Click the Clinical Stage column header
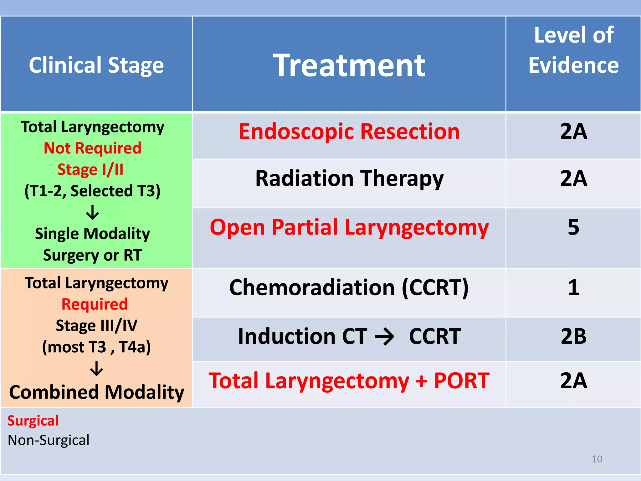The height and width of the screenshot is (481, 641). coord(96,65)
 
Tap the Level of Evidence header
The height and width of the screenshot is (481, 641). coord(573,50)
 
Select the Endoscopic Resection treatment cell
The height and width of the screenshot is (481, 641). coord(349,132)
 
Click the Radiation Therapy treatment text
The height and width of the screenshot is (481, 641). coord(349,178)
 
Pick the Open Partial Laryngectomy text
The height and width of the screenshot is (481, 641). coord(349,227)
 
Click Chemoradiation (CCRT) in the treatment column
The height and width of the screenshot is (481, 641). coord(349,287)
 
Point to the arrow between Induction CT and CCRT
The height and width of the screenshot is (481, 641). coord(385,337)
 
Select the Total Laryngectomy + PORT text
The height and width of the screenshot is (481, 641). coord(349,381)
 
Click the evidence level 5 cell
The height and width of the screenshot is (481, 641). coord(573,227)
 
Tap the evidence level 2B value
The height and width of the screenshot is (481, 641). coord(573,337)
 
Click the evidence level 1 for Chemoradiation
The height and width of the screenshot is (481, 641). coord(573,287)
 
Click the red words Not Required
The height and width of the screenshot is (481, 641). coord(92,148)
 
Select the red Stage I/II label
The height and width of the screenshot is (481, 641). coord(90,169)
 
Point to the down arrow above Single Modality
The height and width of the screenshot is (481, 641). coord(93,212)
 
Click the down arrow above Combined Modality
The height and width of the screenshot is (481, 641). coord(96,369)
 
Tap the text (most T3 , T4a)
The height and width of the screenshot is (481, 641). coord(96,347)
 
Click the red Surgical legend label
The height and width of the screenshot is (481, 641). coord(33,421)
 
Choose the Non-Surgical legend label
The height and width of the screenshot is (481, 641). coord(49,440)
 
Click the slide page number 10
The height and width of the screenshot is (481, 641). coord(597,459)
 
